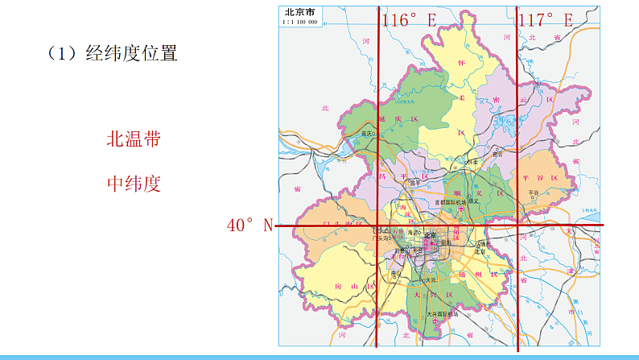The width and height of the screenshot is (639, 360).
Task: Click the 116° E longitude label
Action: point(408,20)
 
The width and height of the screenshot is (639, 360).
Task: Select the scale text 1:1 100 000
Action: point(300,23)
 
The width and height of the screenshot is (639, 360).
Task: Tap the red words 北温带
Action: point(134,139)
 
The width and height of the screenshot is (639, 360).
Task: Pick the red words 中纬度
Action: point(134,183)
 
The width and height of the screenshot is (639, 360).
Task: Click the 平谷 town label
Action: point(534,192)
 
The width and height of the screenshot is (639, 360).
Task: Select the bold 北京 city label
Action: point(427,236)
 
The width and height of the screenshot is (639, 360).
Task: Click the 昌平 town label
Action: point(415,184)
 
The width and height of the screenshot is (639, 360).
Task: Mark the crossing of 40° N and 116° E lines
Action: point(377,226)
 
